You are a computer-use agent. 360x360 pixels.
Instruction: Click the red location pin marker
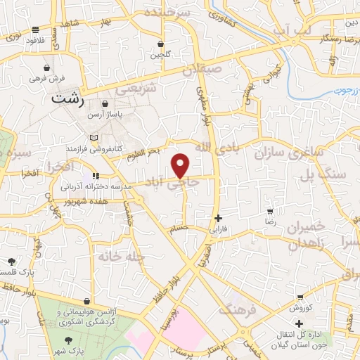[181, 166]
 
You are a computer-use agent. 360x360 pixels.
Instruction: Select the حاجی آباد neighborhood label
[172, 181]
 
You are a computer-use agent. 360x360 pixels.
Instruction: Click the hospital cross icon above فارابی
[219, 219]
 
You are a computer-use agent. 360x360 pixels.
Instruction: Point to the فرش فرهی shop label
[46, 79]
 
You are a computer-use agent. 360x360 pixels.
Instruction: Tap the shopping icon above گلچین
[160, 44]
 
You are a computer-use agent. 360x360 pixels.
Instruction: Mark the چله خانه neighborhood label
[122, 257]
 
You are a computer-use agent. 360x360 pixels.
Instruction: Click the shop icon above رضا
[271, 211]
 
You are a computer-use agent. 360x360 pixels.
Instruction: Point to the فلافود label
[36, 40]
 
